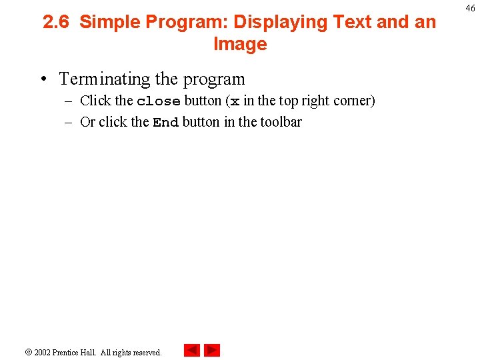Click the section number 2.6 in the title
[x=57, y=22]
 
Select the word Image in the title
[x=240, y=44]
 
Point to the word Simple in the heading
[x=109, y=22]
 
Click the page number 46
[x=470, y=8]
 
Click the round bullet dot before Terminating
[x=43, y=79]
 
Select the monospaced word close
[x=158, y=101]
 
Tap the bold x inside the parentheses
[x=235, y=102]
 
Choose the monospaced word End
[x=165, y=123]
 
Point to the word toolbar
[x=281, y=122]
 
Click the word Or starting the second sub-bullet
[x=87, y=122]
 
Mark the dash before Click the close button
[x=69, y=101]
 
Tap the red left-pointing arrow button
[x=191, y=351]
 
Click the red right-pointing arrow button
[x=212, y=351]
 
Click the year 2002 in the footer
[x=43, y=352]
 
